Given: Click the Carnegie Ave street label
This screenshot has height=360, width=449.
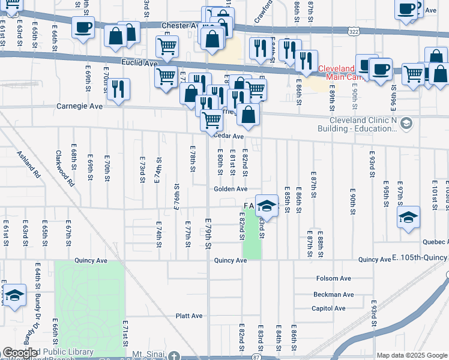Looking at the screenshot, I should (80, 106).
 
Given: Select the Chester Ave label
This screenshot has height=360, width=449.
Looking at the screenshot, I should (180, 26).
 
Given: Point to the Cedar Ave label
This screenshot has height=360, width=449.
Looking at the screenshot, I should (229, 136).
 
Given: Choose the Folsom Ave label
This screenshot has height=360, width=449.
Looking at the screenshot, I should (333, 278).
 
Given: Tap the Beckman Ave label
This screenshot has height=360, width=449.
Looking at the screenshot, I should (333, 295).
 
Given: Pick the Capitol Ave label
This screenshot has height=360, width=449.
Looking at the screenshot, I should (328, 308).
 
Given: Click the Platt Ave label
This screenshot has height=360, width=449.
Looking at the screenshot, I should (189, 316).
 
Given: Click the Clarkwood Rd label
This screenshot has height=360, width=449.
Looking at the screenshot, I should (69, 169).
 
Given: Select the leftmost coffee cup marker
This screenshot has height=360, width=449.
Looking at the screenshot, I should (83, 26).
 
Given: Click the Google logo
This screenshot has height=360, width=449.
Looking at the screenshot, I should (20, 353).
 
